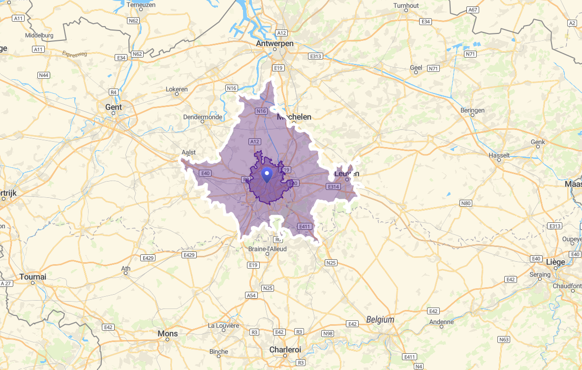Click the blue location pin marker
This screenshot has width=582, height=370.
[267, 174]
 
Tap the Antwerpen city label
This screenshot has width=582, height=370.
[275, 44]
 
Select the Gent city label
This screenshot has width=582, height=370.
[113, 107]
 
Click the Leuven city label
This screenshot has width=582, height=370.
[347, 174]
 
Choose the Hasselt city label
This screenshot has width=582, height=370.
[499, 155]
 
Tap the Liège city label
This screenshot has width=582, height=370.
[555, 262]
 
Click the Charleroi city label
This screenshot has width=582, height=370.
[285, 350]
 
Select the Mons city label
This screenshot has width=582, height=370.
[168, 334]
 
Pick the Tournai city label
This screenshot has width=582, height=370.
[33, 277]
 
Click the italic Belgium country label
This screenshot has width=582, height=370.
[380, 319]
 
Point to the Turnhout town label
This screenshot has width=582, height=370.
[406, 5]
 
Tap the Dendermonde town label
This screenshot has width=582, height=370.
[203, 117]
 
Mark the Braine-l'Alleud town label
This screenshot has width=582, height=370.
[267, 249]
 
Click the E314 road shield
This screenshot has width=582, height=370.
[333, 186]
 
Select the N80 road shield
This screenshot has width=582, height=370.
[466, 203]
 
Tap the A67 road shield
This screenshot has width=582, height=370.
[473, 10]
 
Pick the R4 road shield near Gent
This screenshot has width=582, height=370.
[114, 92]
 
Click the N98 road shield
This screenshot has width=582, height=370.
[328, 334]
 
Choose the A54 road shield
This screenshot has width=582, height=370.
[251, 295]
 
